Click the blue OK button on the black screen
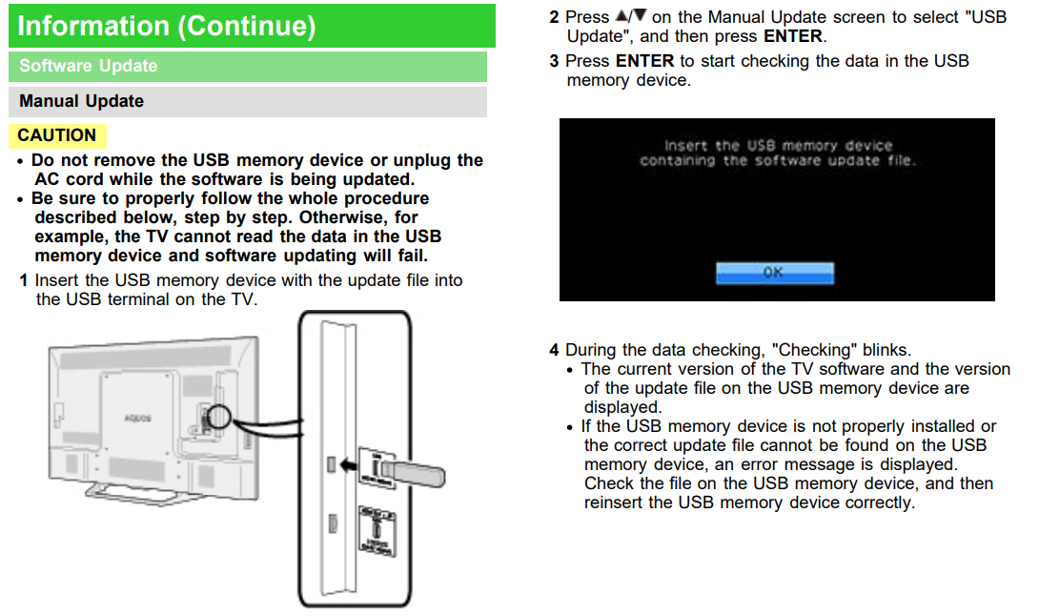coord(774,273)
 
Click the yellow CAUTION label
coord(57,135)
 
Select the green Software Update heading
coord(88,66)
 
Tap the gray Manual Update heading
coord(82,101)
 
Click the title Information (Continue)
coord(167,26)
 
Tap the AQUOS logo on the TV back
coord(137,418)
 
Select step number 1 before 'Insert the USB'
coord(24,280)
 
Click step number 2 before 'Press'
coord(554,17)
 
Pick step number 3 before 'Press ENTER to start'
coord(554,61)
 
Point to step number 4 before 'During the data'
coord(554,351)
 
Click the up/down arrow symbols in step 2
coord(630,17)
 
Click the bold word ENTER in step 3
coord(644,61)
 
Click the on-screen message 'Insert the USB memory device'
coord(778,146)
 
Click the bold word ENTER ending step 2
coord(792,36)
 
